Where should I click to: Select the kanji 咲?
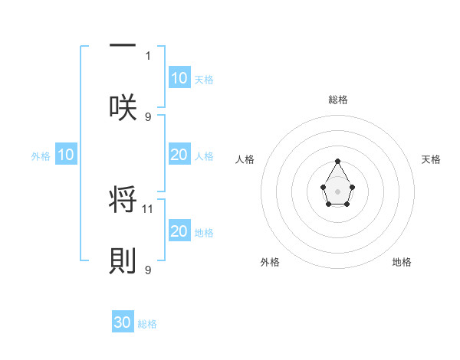click(123, 107)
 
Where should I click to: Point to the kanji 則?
click(123, 260)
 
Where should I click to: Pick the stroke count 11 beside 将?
click(149, 208)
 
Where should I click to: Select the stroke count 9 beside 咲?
click(149, 116)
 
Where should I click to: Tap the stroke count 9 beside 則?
click(149, 270)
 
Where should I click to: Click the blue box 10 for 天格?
click(179, 78)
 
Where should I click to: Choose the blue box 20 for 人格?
click(179, 155)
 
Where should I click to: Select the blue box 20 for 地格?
click(179, 231)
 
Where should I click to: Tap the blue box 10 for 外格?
click(66, 155)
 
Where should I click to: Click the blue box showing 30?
click(123, 322)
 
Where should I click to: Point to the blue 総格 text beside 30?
click(147, 324)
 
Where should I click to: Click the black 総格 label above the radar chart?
click(337, 100)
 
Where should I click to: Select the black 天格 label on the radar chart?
click(431, 159)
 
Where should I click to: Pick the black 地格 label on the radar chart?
click(402, 262)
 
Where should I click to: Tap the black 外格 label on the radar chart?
click(270, 262)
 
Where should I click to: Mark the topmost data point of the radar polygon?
click(337, 161)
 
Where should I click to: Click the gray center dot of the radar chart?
click(337, 191)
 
